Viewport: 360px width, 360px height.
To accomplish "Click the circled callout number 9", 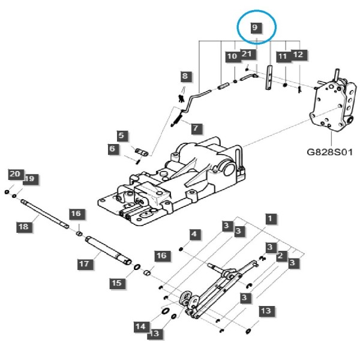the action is (x=255, y=28).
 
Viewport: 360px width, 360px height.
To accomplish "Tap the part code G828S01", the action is (x=329, y=152).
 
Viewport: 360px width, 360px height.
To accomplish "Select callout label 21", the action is (x=247, y=54).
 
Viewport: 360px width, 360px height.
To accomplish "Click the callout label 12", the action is (x=298, y=55).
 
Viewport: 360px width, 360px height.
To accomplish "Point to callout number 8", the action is (x=185, y=76).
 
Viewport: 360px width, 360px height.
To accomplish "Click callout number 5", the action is (x=122, y=136).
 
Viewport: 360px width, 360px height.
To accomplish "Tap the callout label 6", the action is (x=112, y=149).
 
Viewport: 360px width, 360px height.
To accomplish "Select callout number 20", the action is (x=15, y=174).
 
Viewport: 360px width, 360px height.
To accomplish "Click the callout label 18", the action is (x=23, y=227).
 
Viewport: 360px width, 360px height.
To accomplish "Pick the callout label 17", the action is (x=84, y=264).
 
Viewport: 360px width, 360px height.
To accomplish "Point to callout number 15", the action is (x=117, y=283).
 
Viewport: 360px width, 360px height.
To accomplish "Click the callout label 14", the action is (x=141, y=326).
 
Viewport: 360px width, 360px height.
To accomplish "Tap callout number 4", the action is (x=194, y=235).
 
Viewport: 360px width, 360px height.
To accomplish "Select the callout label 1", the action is (x=270, y=218).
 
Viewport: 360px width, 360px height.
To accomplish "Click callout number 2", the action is (x=281, y=256).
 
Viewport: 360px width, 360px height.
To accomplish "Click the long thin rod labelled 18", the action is (x=45, y=214).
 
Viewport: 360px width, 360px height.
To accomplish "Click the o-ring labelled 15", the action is (x=137, y=267).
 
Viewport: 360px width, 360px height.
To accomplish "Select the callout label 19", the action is (x=30, y=179).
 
